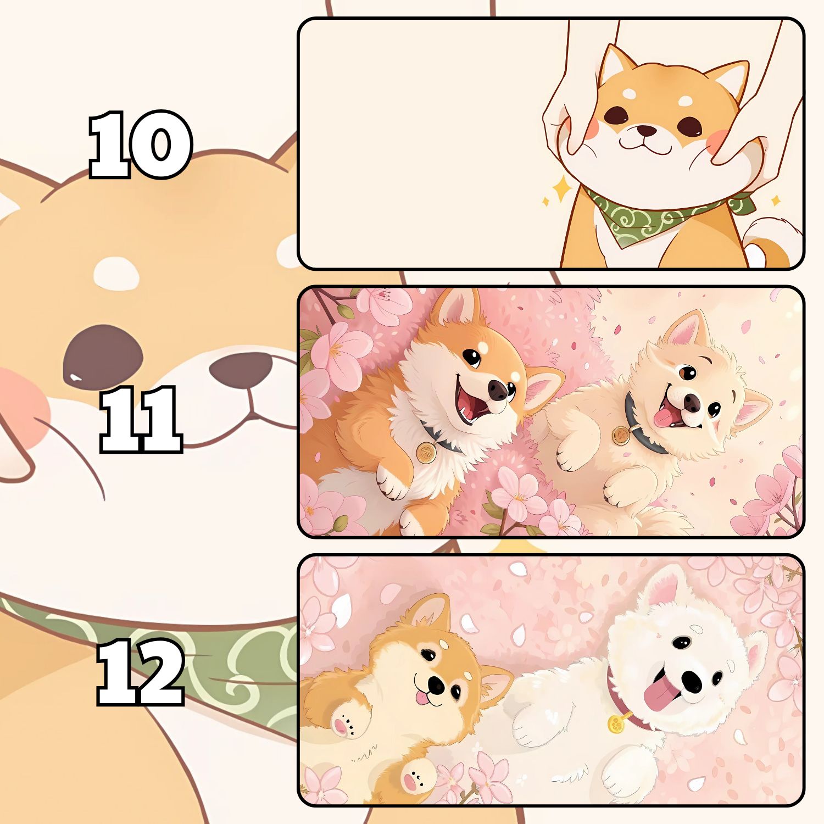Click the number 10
141,144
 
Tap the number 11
141,419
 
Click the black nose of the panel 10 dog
646,131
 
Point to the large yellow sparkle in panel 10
562,190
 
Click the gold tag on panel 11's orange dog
426,453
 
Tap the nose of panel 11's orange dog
499,390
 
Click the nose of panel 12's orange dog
437,683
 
